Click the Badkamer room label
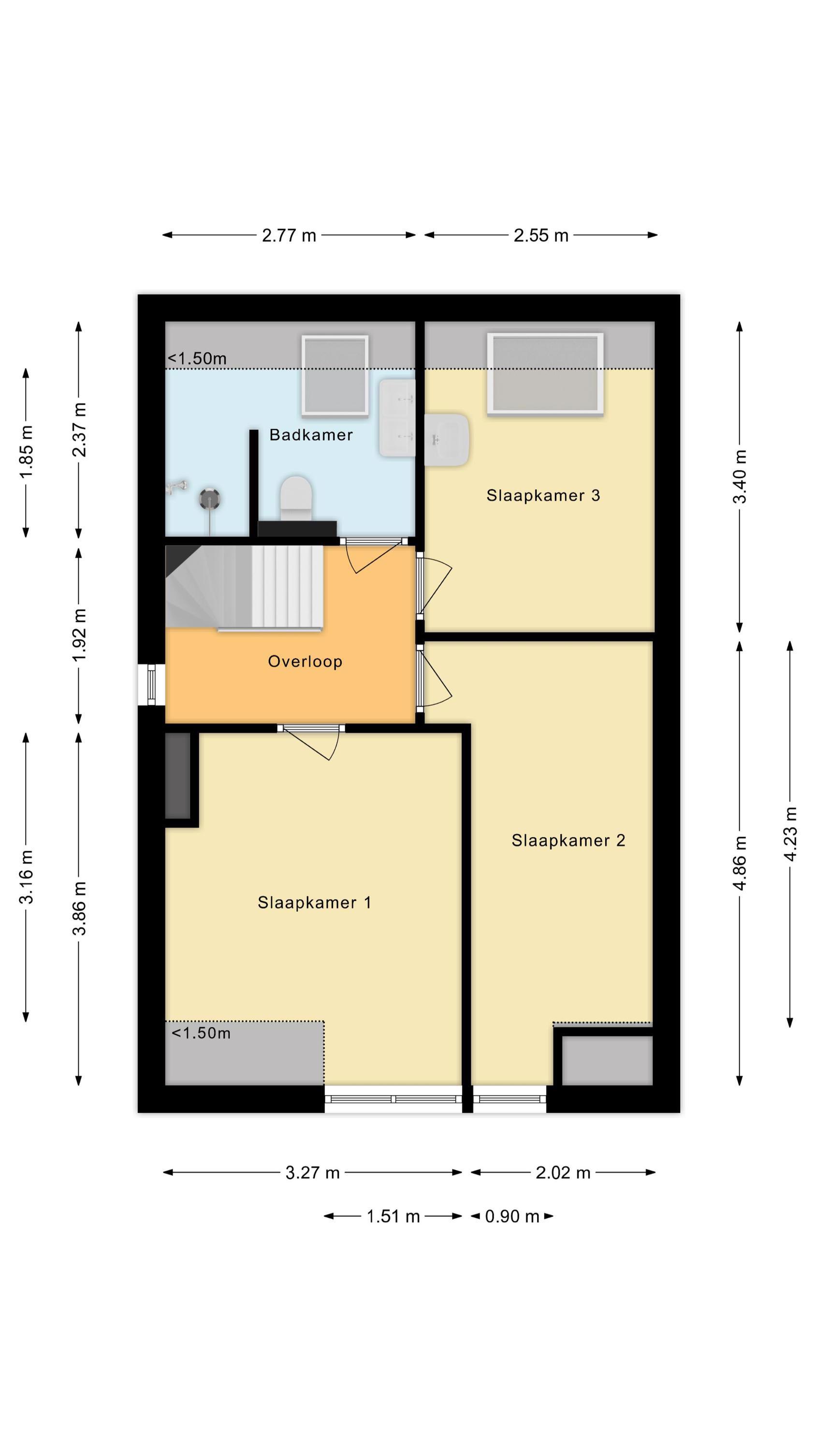click(311, 435)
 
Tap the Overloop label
click(305, 661)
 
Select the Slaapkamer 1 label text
click(314, 903)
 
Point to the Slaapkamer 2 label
click(568, 841)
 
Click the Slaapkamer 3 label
click(543, 496)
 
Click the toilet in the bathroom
click(296, 498)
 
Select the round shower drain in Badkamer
click(209, 499)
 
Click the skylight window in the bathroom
click(335, 375)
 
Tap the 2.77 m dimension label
click(289, 236)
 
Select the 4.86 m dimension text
click(740, 863)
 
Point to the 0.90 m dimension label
click(512, 1217)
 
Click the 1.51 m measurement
click(393, 1217)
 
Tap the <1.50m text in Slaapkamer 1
click(201, 1033)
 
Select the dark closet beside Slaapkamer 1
click(177, 776)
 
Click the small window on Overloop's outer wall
click(151, 684)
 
